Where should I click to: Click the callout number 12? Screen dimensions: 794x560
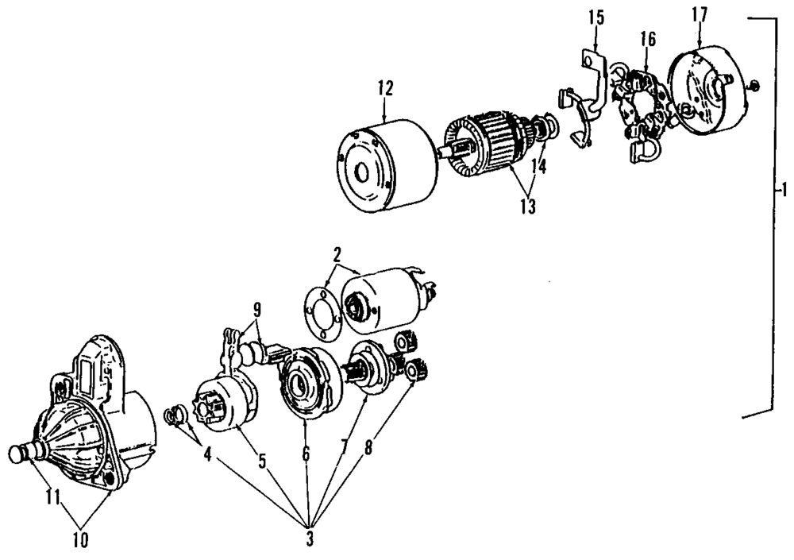coord(385,88)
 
